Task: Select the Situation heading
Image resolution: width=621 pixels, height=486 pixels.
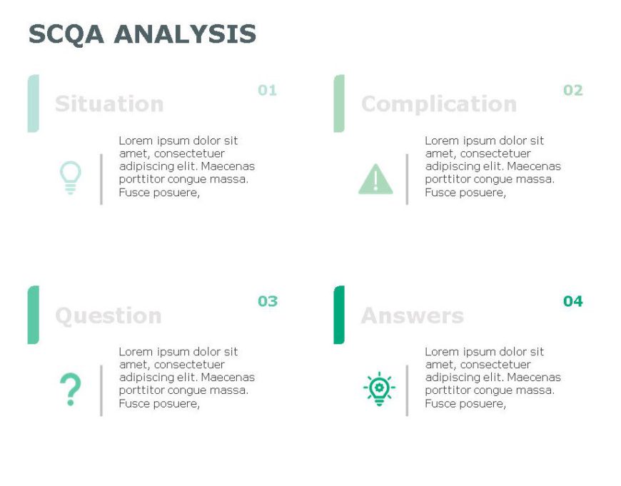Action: pyautogui.click(x=109, y=104)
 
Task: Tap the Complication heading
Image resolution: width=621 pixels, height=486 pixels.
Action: pyautogui.click(x=439, y=104)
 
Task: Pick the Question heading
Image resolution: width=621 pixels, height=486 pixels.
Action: pyautogui.click(x=108, y=315)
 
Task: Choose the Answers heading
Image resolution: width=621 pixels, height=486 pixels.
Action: pyautogui.click(x=413, y=315)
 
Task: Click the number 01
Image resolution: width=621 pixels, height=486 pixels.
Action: pyautogui.click(x=267, y=91)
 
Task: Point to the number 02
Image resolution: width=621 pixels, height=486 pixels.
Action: pyautogui.click(x=573, y=91)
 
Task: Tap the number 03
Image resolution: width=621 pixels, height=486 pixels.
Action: pyautogui.click(x=268, y=301)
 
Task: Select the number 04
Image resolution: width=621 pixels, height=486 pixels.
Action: pyautogui.click(x=573, y=301)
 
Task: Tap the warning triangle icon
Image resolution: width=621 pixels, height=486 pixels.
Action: pyautogui.click(x=375, y=179)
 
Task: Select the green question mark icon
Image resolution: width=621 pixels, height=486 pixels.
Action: pyautogui.click(x=70, y=390)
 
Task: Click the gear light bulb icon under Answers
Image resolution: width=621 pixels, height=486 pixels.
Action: pyautogui.click(x=379, y=390)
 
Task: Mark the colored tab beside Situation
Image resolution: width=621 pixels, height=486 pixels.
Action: pyautogui.click(x=33, y=103)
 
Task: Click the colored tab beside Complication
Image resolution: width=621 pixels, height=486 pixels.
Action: pyautogui.click(x=339, y=103)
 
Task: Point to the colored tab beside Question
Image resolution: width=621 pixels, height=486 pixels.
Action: pyautogui.click(x=33, y=315)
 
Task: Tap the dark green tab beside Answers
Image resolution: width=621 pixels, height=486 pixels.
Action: pyautogui.click(x=339, y=315)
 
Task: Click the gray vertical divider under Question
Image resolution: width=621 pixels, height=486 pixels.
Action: pyautogui.click(x=101, y=390)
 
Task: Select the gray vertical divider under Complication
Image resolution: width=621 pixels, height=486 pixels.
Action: pyautogui.click(x=407, y=179)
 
